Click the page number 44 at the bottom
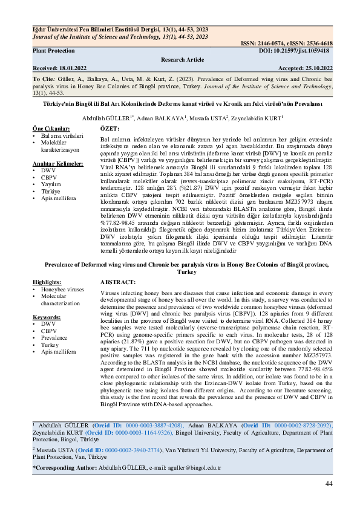coord(329,484)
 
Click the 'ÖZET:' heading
coord(109,129)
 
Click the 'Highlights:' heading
coord(47,282)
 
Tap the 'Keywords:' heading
coord(46,316)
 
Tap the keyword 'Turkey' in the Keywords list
coord(51,345)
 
